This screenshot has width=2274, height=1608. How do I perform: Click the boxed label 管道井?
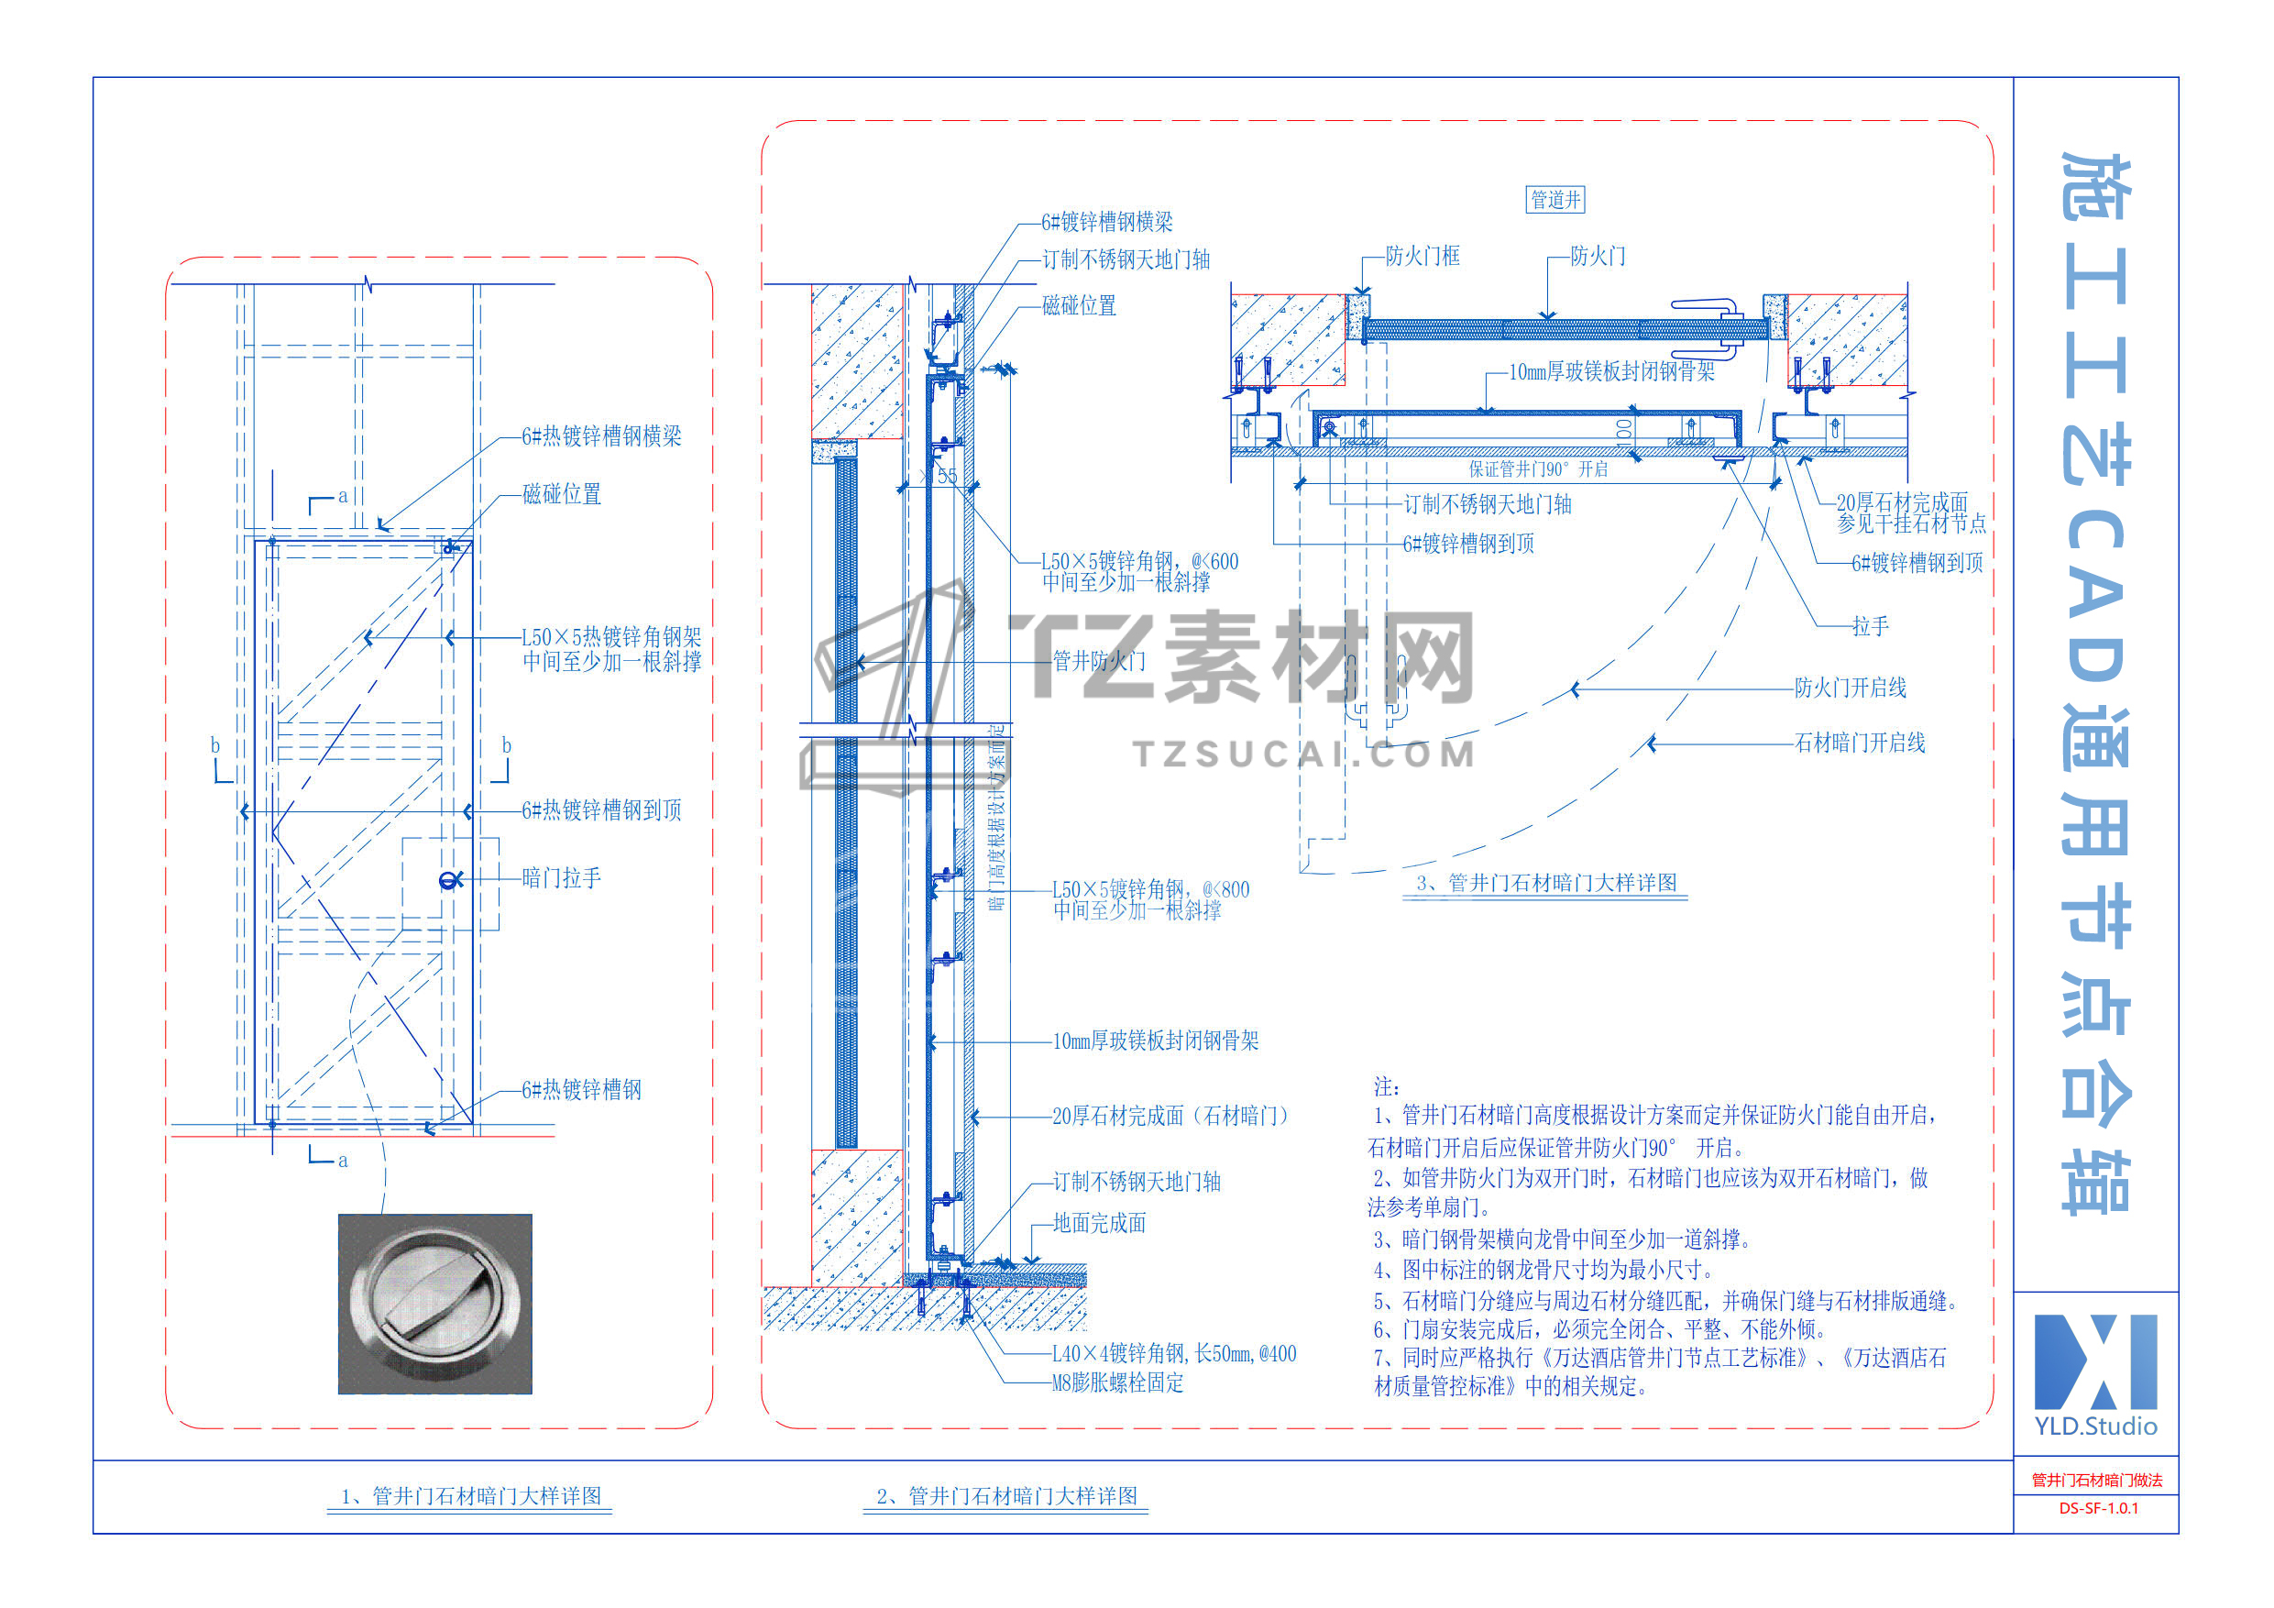pyautogui.click(x=1555, y=200)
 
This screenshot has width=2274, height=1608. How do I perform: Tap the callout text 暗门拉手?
pyautogui.click(x=562, y=878)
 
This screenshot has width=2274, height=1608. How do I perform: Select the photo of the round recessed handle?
pyautogui.click(x=434, y=1303)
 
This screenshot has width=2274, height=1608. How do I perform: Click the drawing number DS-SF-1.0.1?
pyautogui.click(x=2098, y=1508)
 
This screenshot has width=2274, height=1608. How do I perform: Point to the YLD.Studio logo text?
pyautogui.click(x=2095, y=1426)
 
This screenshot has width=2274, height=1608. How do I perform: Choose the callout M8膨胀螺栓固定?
pyautogui.click(x=1117, y=1383)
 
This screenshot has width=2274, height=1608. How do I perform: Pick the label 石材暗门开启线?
pyautogui.click(x=1860, y=743)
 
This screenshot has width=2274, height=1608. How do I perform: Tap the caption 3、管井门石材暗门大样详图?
pyautogui.click(x=1546, y=883)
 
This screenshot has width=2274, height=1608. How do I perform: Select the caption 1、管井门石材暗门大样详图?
pyautogui.click(x=470, y=1496)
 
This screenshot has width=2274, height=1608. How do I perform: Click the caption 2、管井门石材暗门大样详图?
pyautogui.click(x=1006, y=1496)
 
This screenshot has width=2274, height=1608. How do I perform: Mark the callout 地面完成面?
pyautogui.click(x=1099, y=1224)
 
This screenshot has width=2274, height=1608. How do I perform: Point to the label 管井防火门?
pyautogui.click(x=1098, y=661)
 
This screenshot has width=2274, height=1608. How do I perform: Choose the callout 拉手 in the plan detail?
pyautogui.click(x=1870, y=626)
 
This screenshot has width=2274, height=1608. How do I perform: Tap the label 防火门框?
pyautogui.click(x=1423, y=257)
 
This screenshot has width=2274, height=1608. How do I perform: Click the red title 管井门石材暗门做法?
pyautogui.click(x=2097, y=1481)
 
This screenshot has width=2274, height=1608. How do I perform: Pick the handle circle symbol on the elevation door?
pyautogui.click(x=450, y=880)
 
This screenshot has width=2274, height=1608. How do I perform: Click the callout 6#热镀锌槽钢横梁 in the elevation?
pyautogui.click(x=601, y=436)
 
